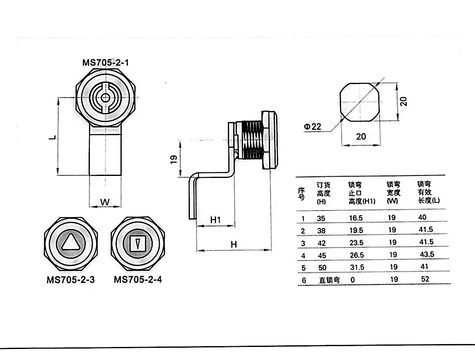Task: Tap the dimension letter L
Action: tap(52, 138)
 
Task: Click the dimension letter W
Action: tap(105, 202)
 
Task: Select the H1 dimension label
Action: tap(215, 220)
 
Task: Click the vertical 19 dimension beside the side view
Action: tap(173, 159)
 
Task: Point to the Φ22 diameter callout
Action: tap(312, 127)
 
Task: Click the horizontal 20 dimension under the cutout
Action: tap(361, 136)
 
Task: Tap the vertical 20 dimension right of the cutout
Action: tap(404, 101)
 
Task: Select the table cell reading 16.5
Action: tap(356, 218)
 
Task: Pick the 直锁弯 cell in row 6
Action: tap(329, 280)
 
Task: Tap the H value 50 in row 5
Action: tap(323, 267)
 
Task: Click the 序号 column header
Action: tap(302, 193)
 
